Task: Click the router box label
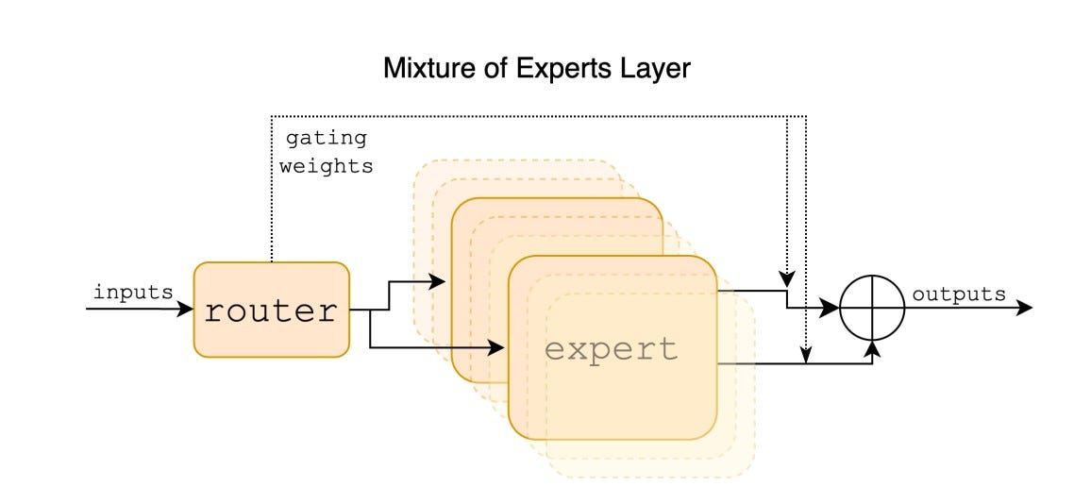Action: [x=271, y=311]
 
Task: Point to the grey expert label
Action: [x=612, y=349]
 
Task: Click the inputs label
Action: [x=133, y=293]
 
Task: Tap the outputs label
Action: [x=958, y=294]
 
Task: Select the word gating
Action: [x=326, y=138]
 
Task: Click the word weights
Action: [x=326, y=166]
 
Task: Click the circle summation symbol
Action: [x=872, y=308]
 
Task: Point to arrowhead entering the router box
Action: [x=186, y=309]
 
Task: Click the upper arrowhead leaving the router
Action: [x=437, y=280]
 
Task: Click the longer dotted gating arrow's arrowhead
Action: [x=805, y=355]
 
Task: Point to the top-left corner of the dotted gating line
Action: [x=272, y=116]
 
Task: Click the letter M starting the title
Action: [x=392, y=69]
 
